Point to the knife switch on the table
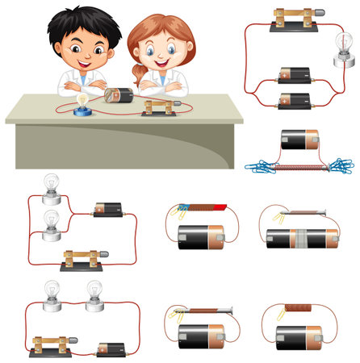click(158, 107)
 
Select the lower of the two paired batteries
click(293, 100)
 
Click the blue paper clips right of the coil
click(341, 165)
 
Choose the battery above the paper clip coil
click(301, 140)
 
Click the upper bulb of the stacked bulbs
click(52, 187)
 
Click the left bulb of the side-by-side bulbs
click(52, 293)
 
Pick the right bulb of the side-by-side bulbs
click(95, 292)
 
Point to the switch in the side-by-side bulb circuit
click(49, 345)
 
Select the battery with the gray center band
click(302, 237)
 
